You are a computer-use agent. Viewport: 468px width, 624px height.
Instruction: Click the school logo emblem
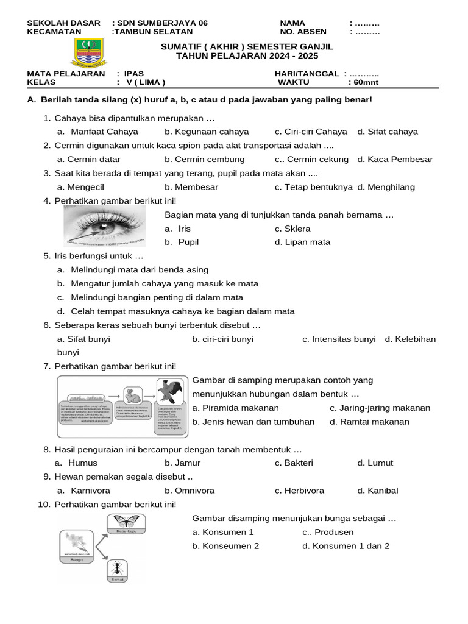(x=90, y=53)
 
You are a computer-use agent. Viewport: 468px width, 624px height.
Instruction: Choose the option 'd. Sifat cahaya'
(x=388, y=132)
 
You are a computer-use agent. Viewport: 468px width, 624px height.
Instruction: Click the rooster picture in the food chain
(x=171, y=392)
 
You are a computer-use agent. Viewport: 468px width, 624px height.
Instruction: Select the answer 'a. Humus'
(x=76, y=463)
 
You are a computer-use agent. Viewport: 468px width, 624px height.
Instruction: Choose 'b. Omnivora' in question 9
(x=190, y=491)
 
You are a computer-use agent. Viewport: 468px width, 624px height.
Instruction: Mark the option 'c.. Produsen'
(x=328, y=532)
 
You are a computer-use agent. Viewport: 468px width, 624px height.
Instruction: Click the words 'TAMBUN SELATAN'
(x=154, y=32)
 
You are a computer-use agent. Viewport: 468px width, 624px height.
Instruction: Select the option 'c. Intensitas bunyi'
(x=339, y=339)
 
